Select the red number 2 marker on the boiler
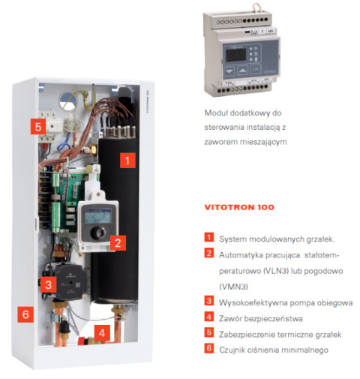pyautogui.click(x=116, y=242)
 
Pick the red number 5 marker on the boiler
pyautogui.click(x=38, y=127)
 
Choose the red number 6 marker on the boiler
pyautogui.click(x=25, y=314)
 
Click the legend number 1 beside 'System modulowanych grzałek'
pyautogui.click(x=210, y=238)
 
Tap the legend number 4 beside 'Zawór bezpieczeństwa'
pyautogui.click(x=210, y=318)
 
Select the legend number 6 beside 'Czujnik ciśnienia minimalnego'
pyautogui.click(x=210, y=350)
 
